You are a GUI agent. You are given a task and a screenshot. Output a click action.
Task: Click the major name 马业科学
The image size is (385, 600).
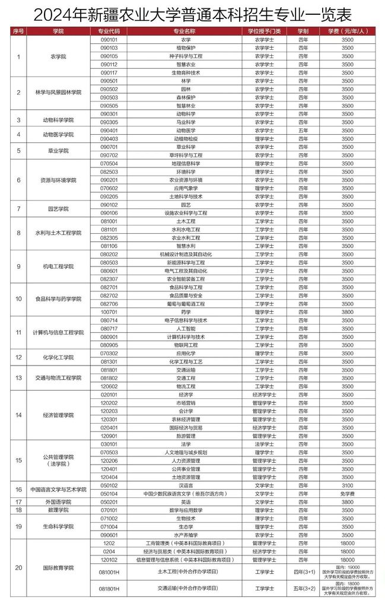pyautogui.click(x=186, y=122)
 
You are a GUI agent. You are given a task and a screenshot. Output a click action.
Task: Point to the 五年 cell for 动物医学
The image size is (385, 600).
pyautogui.click(x=303, y=130)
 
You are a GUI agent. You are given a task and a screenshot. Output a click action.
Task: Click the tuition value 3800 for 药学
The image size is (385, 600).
pyautogui.click(x=348, y=312)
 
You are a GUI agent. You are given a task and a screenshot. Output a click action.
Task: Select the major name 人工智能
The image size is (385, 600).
pyautogui.click(x=186, y=328)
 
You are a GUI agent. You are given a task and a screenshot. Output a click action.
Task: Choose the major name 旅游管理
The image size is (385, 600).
pyautogui.click(x=186, y=436)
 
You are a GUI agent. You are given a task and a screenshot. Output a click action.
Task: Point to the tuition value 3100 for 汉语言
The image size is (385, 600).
pyautogui.click(x=348, y=485)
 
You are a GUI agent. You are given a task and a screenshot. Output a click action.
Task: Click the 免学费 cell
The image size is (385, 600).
pyautogui.click(x=348, y=493)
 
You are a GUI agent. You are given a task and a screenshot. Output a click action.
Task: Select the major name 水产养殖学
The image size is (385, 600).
pyautogui.click(x=186, y=534)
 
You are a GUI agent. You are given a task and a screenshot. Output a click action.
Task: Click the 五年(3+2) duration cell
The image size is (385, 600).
pyautogui.click(x=303, y=589)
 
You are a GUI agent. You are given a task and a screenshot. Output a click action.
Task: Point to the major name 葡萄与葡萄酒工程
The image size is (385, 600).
pyautogui.click(x=186, y=303)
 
